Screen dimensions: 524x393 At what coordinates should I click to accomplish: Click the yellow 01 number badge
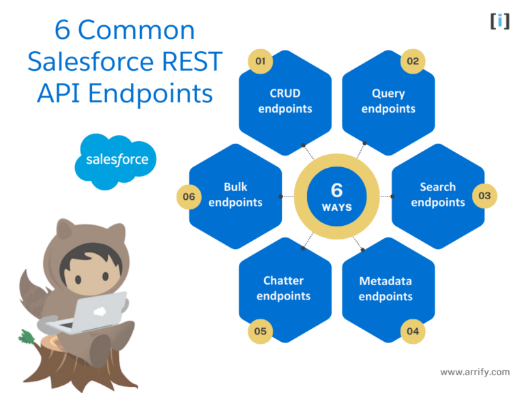click(261, 61)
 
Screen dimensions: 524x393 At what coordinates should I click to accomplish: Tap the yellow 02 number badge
click(413, 61)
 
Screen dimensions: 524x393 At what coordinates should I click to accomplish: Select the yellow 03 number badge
click(484, 196)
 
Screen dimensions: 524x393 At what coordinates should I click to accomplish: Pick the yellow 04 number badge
click(413, 331)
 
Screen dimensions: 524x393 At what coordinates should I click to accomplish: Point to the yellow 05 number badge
click(261, 331)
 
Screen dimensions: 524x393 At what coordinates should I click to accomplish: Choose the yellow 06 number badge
click(189, 196)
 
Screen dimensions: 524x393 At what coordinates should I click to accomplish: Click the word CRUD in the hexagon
click(285, 93)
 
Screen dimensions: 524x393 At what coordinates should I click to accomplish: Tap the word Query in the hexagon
click(388, 94)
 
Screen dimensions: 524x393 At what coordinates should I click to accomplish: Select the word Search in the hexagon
click(438, 187)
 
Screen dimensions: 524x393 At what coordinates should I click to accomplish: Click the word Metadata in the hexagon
click(385, 281)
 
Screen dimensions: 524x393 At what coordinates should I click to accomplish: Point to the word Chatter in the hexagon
click(283, 280)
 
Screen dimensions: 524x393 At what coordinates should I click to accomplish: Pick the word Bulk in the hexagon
click(235, 187)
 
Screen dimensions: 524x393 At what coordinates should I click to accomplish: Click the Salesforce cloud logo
click(115, 161)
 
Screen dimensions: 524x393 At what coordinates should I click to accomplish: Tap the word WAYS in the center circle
click(337, 207)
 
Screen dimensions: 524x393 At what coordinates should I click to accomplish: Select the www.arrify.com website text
click(475, 372)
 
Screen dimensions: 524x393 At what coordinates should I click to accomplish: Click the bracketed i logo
click(500, 21)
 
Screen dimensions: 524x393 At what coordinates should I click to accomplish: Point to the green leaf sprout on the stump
click(26, 337)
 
